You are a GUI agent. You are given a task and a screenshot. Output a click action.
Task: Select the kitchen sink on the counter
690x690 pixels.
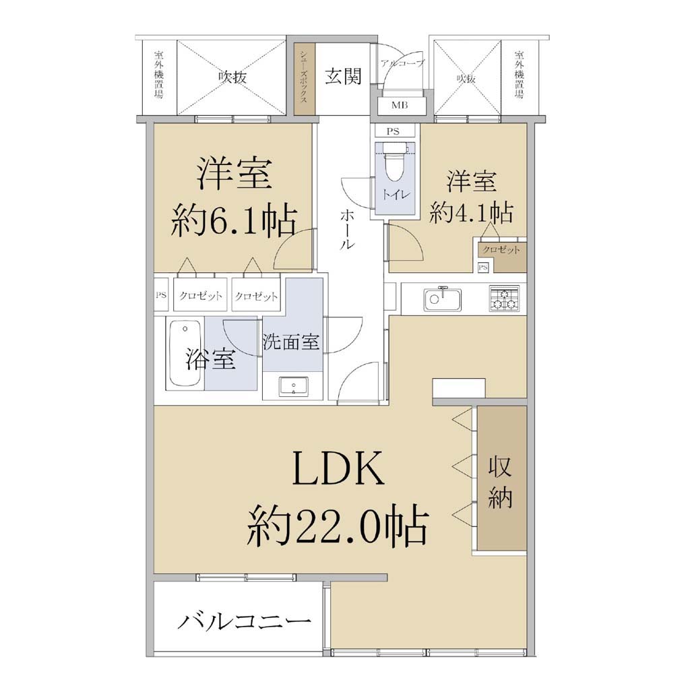pos(442,299)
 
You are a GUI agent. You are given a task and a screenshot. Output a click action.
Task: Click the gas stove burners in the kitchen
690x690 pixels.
pos(504,299)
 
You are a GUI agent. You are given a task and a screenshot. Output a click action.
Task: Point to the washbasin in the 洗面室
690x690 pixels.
pos(293,387)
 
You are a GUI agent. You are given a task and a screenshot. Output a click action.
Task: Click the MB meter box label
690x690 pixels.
pos(400,105)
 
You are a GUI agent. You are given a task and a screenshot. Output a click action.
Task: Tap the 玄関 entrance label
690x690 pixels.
pos(343,76)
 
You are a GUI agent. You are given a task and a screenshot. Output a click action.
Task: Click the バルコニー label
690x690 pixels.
pos(244,621)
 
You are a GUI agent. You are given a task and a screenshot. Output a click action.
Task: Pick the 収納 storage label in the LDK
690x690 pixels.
pos(500,482)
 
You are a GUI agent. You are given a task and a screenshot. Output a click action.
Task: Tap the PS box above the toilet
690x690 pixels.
pos(393,131)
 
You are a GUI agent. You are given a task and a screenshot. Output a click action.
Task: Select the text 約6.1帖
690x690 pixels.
pos(234,220)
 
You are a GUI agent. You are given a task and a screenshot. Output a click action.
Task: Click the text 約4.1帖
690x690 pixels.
pos(471,212)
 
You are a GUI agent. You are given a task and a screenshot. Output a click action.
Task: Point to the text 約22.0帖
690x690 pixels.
pos(337,526)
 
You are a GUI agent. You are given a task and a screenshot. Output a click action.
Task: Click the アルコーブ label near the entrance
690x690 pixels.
pos(403,63)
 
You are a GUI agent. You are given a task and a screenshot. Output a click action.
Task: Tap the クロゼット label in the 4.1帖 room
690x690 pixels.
pos(501,250)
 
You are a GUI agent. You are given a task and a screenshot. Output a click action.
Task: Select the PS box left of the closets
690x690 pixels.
pos(161,294)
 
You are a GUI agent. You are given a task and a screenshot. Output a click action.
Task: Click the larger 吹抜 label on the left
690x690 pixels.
pos(232,77)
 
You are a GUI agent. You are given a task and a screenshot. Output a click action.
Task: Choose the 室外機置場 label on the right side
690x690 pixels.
pos(520,75)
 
